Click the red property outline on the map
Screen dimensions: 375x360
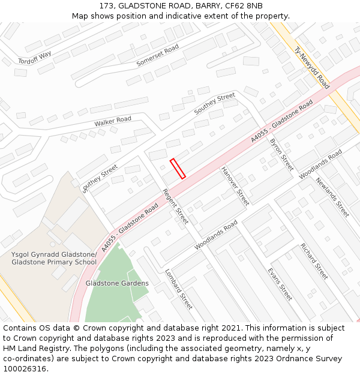tap(178, 169)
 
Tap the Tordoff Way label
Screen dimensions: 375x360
tap(34, 58)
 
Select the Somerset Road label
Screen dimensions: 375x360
tap(158, 55)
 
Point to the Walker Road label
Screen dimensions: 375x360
tap(112, 122)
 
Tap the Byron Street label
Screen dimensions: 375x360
tap(281, 154)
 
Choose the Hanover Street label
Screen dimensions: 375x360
tap(235, 187)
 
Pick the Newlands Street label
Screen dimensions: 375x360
tap(332, 198)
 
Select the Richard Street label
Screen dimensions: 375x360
tap(314, 261)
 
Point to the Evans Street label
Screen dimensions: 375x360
tap(280, 284)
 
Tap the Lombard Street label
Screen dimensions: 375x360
tap(178, 289)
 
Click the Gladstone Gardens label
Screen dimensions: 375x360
tap(117, 283)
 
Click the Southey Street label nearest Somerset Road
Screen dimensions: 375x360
tap(215, 104)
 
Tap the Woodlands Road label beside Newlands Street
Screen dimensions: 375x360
tap(320, 164)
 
